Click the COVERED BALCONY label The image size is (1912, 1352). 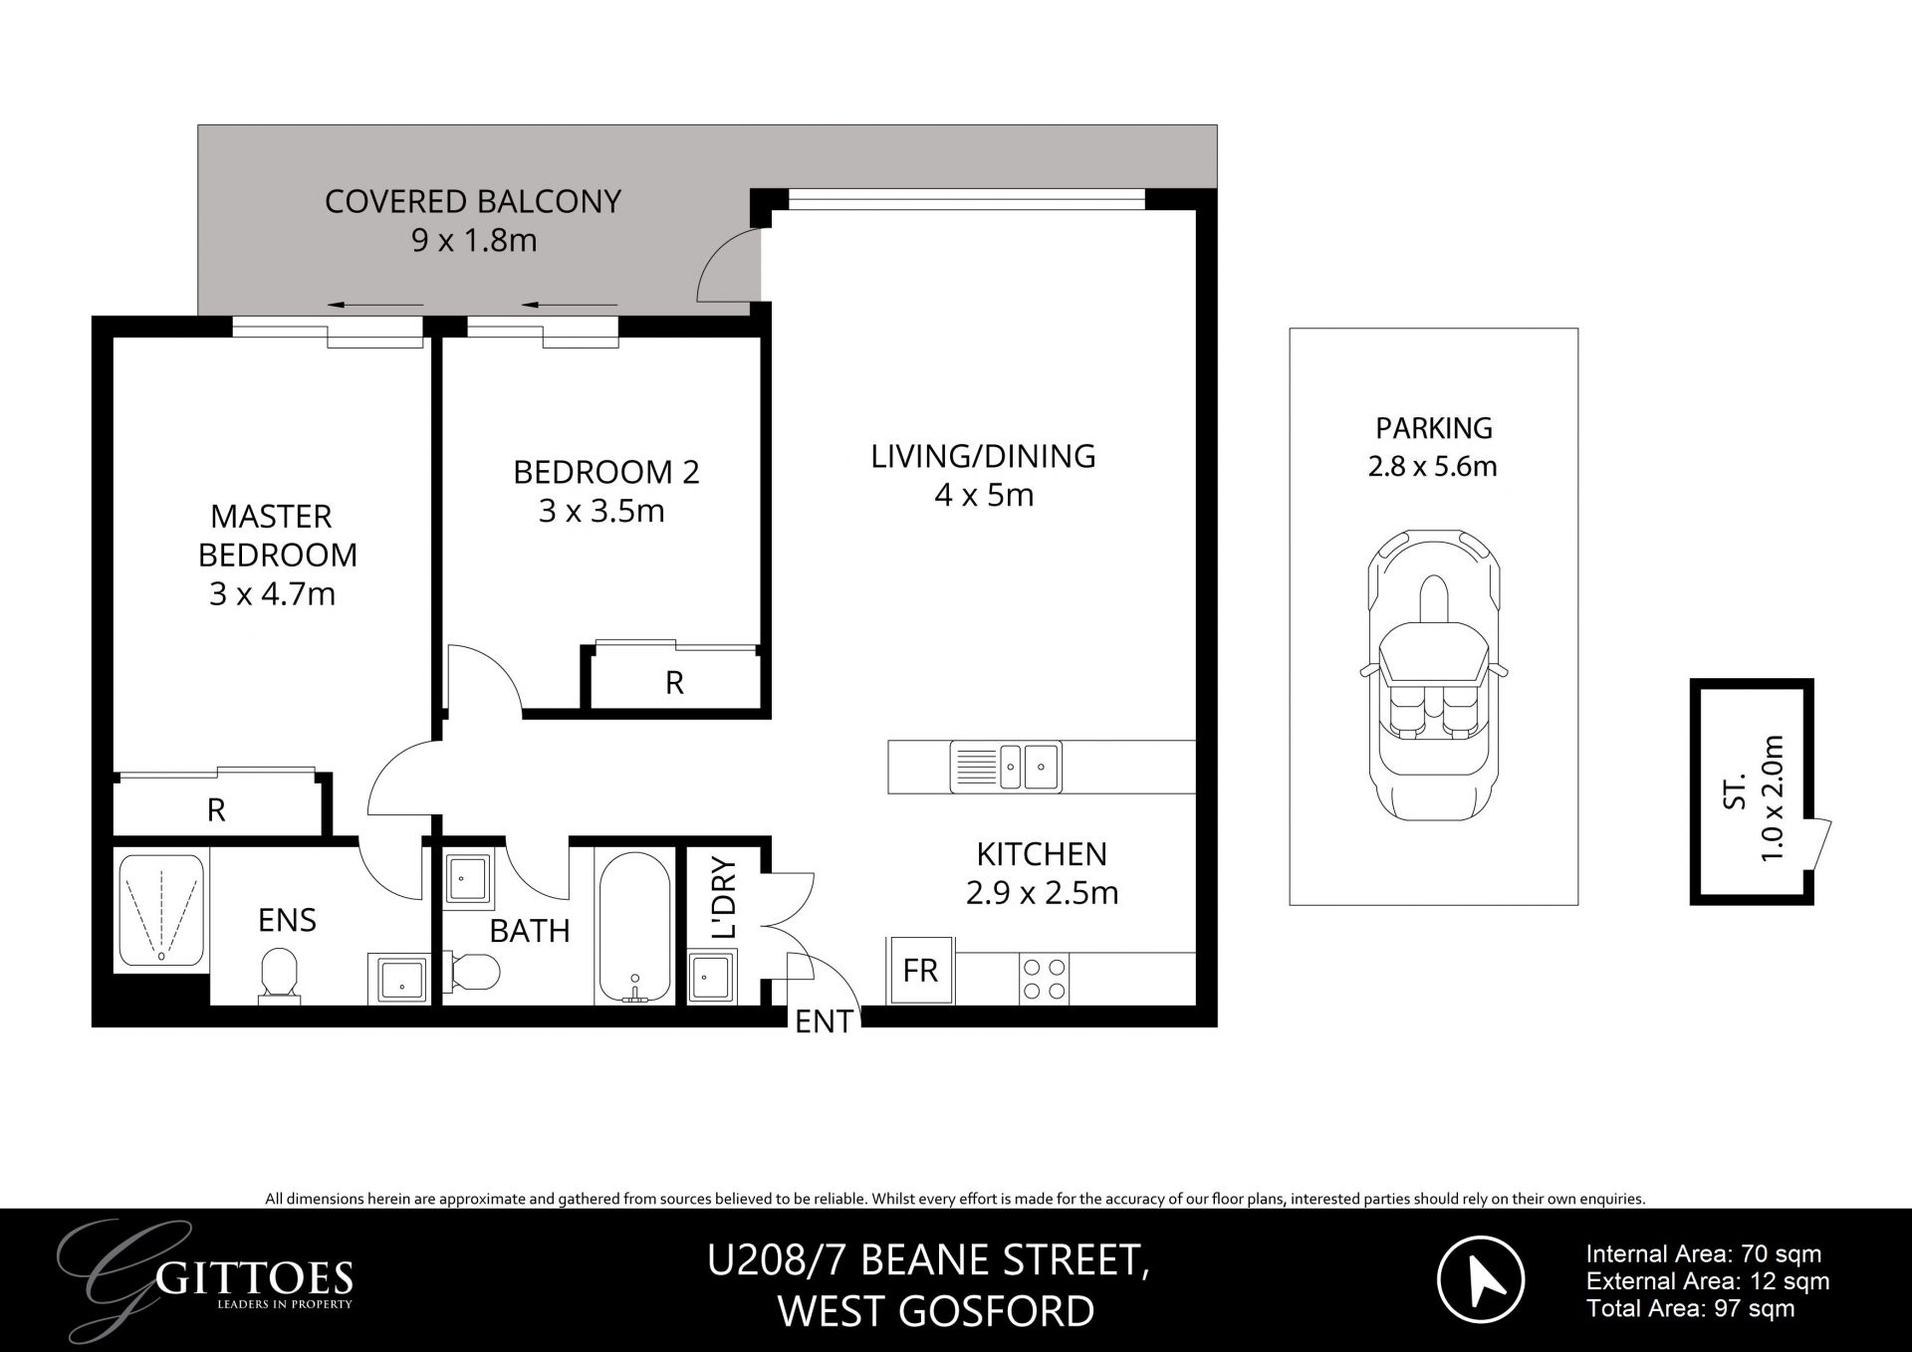tap(473, 202)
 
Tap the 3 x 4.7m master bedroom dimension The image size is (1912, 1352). tap(272, 594)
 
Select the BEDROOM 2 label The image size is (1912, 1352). tap(605, 472)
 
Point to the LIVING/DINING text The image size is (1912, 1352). tap(983, 456)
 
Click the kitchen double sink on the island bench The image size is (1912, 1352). tap(1006, 767)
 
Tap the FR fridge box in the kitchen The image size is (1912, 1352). tap(920, 970)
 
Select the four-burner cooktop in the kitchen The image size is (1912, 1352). tap(1045, 979)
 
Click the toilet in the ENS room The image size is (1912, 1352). tap(278, 973)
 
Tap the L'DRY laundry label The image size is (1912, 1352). tap(725, 897)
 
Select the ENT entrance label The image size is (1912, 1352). tap(824, 1021)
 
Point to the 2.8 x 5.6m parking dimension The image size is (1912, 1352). tap(1432, 466)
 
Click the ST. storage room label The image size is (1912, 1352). tap(1735, 791)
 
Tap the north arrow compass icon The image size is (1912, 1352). tap(1481, 1279)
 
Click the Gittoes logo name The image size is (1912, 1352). tap(255, 1277)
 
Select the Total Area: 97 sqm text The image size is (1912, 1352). tap(1690, 1309)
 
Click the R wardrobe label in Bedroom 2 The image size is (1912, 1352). tap(674, 683)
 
